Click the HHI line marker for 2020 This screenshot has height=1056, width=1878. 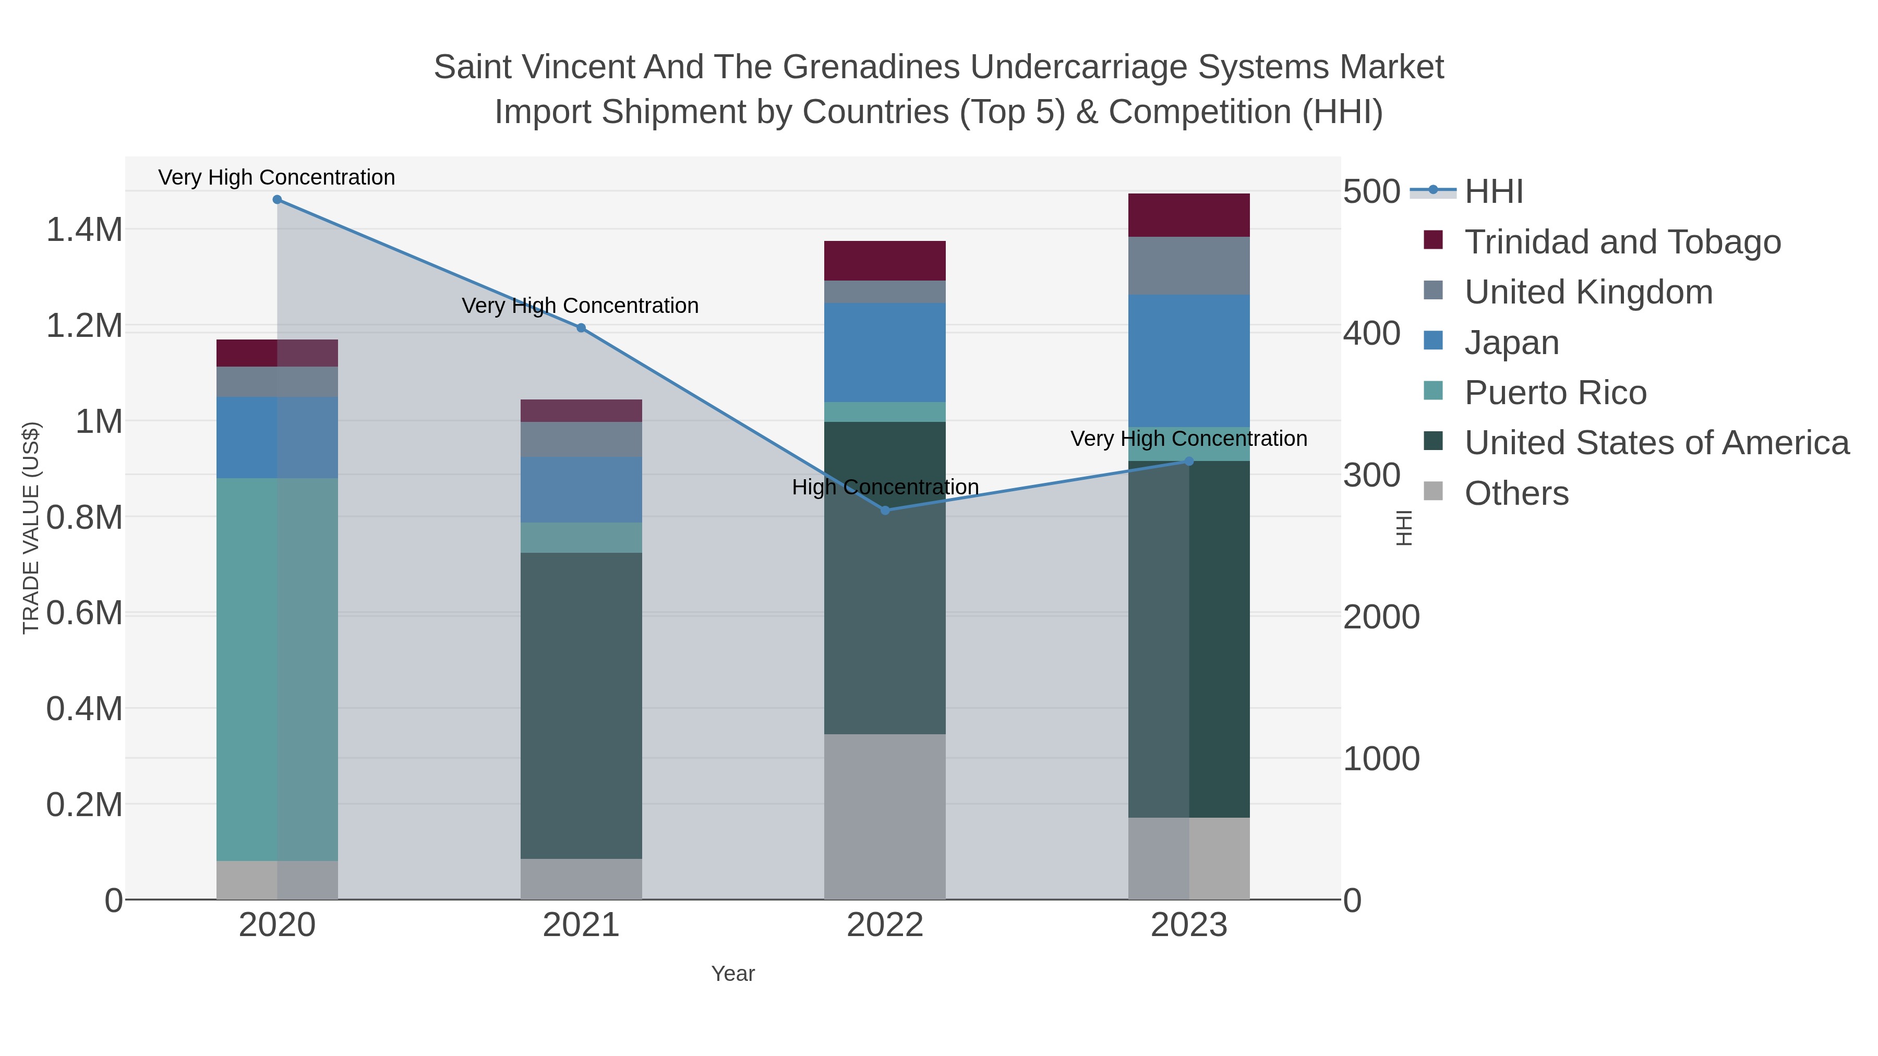click(x=277, y=200)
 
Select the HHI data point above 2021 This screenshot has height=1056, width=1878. click(x=581, y=328)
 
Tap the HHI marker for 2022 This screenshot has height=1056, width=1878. click(x=885, y=510)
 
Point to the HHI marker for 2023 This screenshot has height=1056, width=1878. click(x=1189, y=462)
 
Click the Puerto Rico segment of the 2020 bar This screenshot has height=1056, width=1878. click(x=277, y=669)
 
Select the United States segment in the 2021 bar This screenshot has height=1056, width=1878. click(x=581, y=706)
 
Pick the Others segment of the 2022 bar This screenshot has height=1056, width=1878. click(x=885, y=816)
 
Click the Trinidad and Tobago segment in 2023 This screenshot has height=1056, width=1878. click(x=1189, y=215)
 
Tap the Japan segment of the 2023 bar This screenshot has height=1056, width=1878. click(x=1189, y=361)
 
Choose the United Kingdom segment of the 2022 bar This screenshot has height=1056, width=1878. click(x=885, y=292)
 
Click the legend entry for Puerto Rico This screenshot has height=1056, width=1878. click(x=1555, y=393)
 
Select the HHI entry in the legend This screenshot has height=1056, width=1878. click(x=1493, y=192)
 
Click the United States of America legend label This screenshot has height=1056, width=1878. click(x=1656, y=443)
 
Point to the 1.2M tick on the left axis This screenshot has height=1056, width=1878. click(x=85, y=326)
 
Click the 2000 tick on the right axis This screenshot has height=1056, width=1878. click(x=1381, y=617)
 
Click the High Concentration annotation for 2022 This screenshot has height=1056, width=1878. click(x=885, y=487)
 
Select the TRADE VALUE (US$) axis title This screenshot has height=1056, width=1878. click(x=31, y=528)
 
